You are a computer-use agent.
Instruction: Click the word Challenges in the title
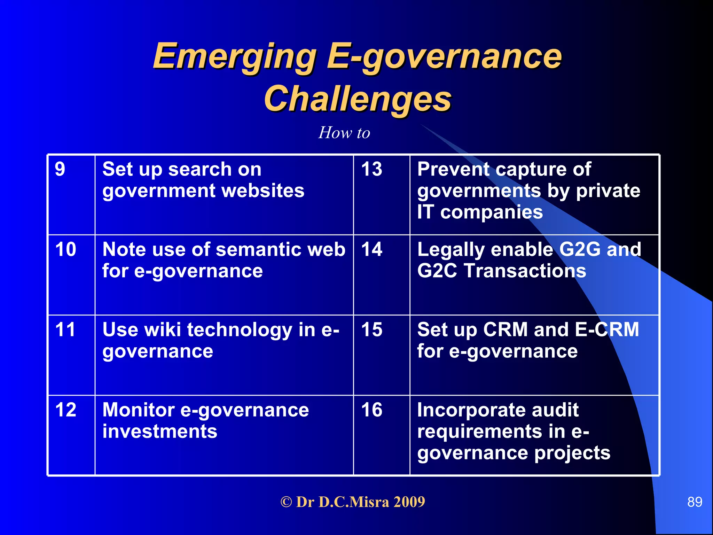(x=358, y=99)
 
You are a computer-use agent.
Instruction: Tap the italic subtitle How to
(x=344, y=133)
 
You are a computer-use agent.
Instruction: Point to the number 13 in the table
(x=371, y=169)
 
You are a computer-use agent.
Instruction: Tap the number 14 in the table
(x=371, y=249)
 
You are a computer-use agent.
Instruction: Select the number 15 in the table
(x=371, y=329)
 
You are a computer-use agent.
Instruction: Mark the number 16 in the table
(x=371, y=410)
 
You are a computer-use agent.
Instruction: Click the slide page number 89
(x=695, y=502)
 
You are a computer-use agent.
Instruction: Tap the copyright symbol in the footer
(x=286, y=502)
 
